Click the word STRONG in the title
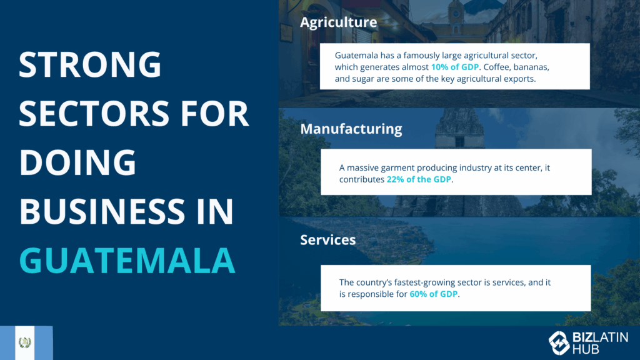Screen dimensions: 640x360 [90, 64]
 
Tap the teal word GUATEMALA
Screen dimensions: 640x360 [127, 261]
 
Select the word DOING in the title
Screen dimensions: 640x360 [77, 162]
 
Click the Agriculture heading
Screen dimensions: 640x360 [338, 22]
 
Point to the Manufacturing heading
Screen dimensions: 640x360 [351, 129]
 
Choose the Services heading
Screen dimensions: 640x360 [327, 240]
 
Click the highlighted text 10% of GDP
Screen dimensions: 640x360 [455, 67]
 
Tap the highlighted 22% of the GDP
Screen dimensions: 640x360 [419, 179]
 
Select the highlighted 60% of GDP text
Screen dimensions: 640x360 [434, 294]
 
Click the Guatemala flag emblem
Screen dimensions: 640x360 [25, 342]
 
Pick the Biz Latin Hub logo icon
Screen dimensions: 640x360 [559, 342]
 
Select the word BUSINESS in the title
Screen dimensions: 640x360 [102, 211]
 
